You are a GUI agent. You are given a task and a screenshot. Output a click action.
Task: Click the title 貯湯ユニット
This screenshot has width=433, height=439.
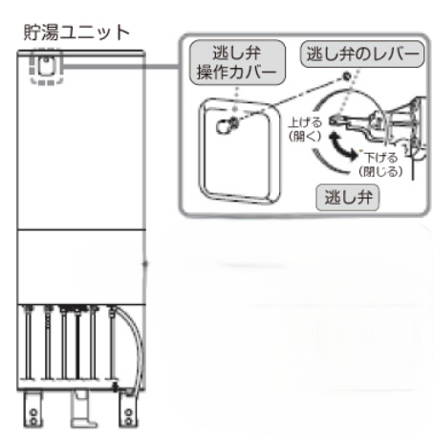click(76, 33)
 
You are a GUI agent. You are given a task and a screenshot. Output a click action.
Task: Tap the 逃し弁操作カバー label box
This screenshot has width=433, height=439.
click(237, 62)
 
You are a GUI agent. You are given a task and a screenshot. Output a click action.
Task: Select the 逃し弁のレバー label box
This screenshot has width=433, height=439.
click(362, 54)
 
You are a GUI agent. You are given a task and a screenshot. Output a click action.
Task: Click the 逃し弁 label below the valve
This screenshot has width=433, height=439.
click(348, 197)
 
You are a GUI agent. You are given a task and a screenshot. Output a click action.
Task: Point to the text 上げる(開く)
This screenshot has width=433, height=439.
click(305, 129)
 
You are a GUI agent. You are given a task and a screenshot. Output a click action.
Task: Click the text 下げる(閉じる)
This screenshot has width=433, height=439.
click(380, 165)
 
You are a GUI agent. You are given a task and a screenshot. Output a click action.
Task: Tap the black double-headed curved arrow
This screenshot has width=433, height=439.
click(342, 146)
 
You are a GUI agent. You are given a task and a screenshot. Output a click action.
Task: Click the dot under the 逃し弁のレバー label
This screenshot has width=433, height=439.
click(347, 77)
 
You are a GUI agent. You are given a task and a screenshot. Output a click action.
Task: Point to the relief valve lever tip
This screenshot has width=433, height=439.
click(332, 121)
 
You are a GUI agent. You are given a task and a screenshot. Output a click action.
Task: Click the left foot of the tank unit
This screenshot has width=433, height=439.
click(32, 409)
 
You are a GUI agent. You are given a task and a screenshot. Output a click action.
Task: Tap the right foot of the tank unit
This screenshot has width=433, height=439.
click(128, 409)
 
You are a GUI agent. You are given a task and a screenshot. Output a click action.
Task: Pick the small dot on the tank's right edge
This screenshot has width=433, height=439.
click(145, 264)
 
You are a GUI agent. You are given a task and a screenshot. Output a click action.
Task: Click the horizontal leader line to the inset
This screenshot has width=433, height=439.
click(121, 66)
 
